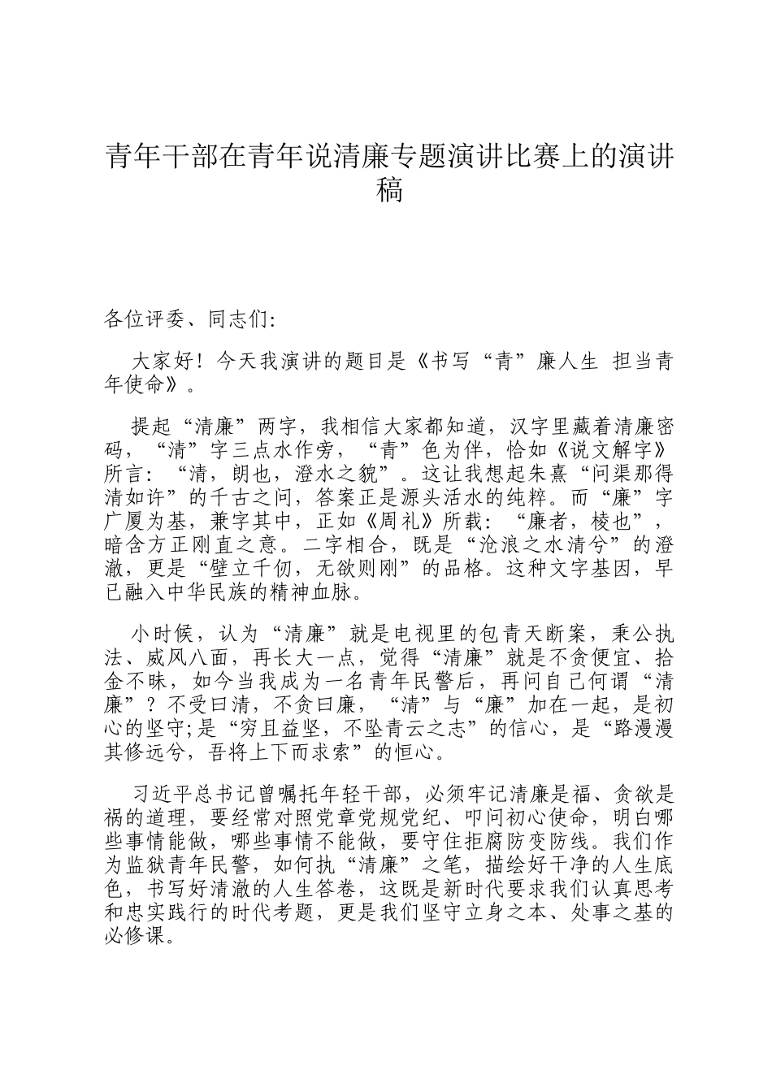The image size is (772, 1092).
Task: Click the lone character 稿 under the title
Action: point(390,191)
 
